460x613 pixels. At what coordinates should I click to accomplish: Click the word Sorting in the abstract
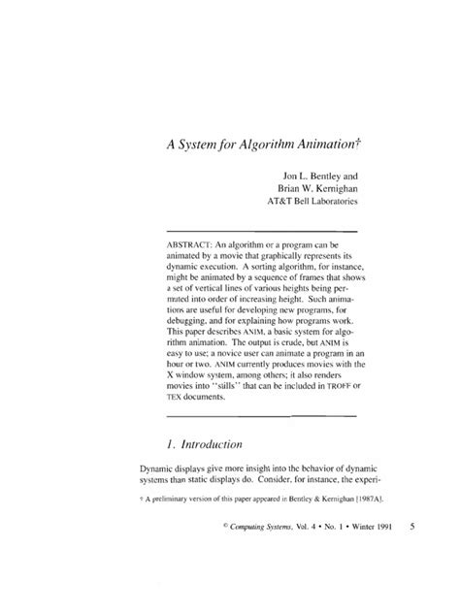247,275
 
